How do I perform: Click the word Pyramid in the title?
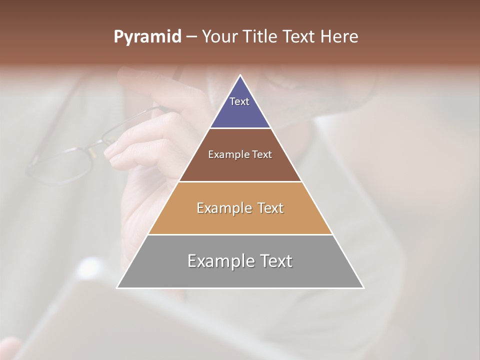coord(147,37)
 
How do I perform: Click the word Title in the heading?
coord(261,37)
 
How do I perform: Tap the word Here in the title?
coord(340,37)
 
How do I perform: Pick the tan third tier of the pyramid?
coord(240,220)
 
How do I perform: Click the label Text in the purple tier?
coord(239,101)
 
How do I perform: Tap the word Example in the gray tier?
coord(220,261)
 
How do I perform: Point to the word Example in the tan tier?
coord(223,208)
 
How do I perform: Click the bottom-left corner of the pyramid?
coord(117,287)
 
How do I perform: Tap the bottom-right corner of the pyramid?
coord(363,287)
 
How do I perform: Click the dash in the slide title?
coord(191,37)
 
